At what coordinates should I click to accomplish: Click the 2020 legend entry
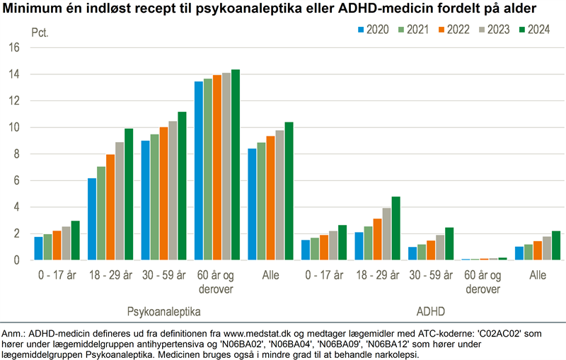click(x=374, y=30)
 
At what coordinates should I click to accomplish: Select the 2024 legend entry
click(x=536, y=30)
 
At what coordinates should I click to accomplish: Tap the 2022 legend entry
click(x=455, y=30)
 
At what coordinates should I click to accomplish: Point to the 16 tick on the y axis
click(x=14, y=47)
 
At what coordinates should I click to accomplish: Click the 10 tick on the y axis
click(x=14, y=127)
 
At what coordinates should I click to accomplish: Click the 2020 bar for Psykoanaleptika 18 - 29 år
click(x=91, y=219)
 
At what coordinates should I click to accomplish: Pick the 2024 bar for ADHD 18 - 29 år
click(x=396, y=228)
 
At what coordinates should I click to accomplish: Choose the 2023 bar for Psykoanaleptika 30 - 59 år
click(x=173, y=191)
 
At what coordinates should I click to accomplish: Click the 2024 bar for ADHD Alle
click(x=556, y=245)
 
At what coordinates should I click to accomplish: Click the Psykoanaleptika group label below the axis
click(x=164, y=311)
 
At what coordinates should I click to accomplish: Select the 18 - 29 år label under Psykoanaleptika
click(x=110, y=274)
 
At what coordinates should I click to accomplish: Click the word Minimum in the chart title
click(x=33, y=10)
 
